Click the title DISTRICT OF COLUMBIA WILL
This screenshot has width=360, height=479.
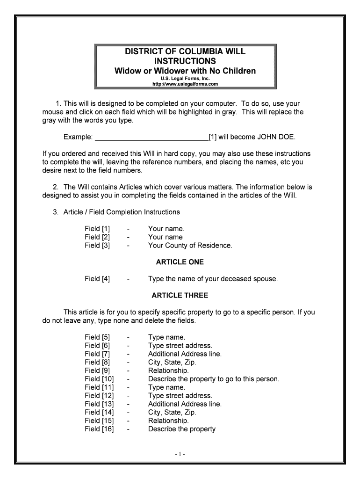(186, 51)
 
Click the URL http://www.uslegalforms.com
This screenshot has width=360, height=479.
(186, 84)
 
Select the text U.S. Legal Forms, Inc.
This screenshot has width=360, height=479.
(186, 79)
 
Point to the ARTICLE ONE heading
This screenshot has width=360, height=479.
(180, 262)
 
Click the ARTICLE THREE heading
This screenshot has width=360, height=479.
(180, 296)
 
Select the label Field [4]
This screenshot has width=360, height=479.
(97, 279)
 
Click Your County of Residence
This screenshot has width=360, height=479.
(190, 245)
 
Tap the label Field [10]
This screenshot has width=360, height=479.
(99, 379)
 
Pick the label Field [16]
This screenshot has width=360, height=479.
(99, 429)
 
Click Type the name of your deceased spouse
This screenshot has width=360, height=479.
(213, 279)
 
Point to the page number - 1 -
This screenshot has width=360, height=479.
(180, 454)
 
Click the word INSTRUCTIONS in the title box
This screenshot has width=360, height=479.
(186, 61)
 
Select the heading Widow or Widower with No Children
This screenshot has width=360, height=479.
(186, 71)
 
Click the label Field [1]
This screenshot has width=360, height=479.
(97, 229)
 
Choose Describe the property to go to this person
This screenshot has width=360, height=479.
(213, 379)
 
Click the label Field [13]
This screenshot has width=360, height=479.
(99, 404)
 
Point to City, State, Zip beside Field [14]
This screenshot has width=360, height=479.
(172, 412)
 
